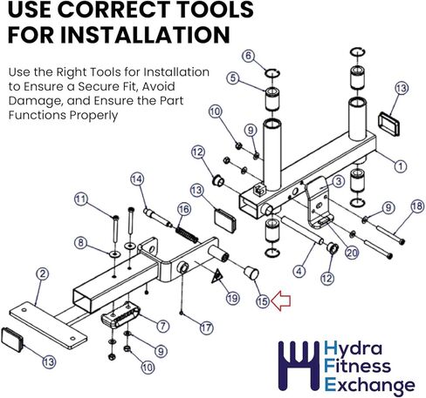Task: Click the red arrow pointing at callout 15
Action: coord(280,300)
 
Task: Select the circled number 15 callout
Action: coord(263,301)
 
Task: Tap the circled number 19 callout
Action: coord(232,298)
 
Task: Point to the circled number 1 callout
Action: coord(401,166)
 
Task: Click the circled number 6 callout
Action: coord(248,56)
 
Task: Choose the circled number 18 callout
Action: coord(417,206)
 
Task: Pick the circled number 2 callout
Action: coord(43,273)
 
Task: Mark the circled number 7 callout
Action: coord(162,326)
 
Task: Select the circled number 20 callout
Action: coord(352,253)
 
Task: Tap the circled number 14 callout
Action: coord(137,179)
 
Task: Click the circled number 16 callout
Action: coord(184,209)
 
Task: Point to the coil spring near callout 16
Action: coord(187,235)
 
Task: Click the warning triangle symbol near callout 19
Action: coord(217,276)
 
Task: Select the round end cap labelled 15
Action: coord(251,273)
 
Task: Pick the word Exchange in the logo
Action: coord(369,386)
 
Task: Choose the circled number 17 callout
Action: coord(206,328)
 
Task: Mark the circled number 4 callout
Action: coord(299,272)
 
